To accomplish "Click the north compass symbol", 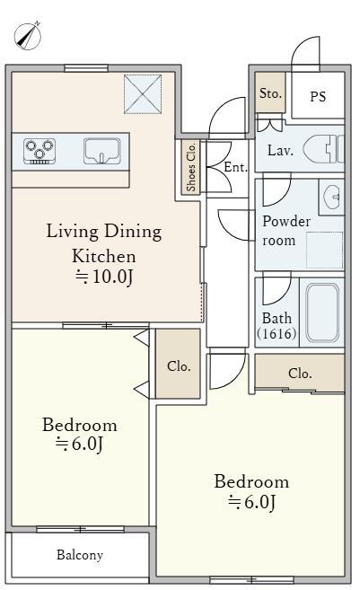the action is [x=28, y=36].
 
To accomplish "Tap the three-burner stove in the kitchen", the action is [x=40, y=151].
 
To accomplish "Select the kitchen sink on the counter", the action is [x=102, y=151].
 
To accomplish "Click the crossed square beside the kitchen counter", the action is [x=143, y=94].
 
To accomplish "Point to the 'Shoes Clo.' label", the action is [x=190, y=167].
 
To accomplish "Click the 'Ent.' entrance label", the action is [x=235, y=167].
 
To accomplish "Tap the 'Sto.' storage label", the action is [x=270, y=93].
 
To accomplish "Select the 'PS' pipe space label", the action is [x=318, y=97].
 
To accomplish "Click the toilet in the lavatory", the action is [x=323, y=149].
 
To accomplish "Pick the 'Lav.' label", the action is [x=280, y=151].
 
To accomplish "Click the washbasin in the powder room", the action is [x=332, y=197].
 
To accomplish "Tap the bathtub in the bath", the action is [x=322, y=313].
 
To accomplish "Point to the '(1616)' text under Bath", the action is [x=277, y=333].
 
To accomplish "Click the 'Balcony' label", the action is [x=80, y=555].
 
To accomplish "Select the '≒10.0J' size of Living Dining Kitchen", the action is [x=104, y=277].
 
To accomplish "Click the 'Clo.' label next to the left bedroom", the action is [x=179, y=365].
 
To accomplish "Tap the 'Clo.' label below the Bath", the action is [x=300, y=374].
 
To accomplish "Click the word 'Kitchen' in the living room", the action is [x=104, y=256].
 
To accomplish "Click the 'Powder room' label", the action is [x=286, y=231].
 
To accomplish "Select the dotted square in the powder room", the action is [x=325, y=250].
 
